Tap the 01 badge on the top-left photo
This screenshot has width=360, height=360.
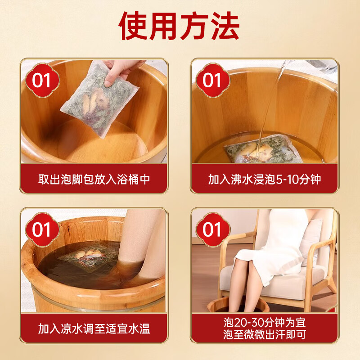click(x=42, y=81)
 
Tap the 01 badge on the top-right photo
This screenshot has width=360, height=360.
click(x=212, y=81)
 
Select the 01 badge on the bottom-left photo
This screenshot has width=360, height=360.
click(x=42, y=229)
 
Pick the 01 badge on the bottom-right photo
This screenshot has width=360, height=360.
click(x=212, y=229)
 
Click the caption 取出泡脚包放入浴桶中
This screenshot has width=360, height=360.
click(x=94, y=179)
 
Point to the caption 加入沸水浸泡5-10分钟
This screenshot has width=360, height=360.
click(x=264, y=179)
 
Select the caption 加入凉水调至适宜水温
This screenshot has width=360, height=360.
click(x=94, y=328)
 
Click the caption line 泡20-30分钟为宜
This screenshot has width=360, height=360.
click(x=264, y=322)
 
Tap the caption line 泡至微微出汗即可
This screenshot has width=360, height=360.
click(x=264, y=335)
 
